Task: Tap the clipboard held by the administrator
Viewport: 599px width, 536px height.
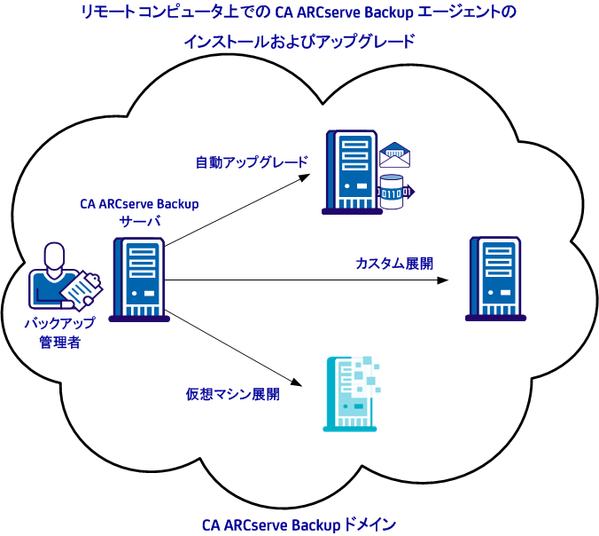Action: pyautogui.click(x=84, y=286)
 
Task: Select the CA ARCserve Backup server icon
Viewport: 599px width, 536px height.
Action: pyautogui.click(x=138, y=279)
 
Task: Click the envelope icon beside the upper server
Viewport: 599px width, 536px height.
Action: pyautogui.click(x=395, y=156)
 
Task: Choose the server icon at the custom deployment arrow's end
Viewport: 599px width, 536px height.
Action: pyautogui.click(x=493, y=278)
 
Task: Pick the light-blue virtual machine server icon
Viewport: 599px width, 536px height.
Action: pyautogui.click(x=348, y=393)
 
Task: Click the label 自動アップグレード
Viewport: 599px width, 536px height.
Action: pyautogui.click(x=252, y=163)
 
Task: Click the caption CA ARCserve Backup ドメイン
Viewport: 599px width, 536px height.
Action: pyautogui.click(x=299, y=524)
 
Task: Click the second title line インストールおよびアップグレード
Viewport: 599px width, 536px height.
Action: pyautogui.click(x=299, y=42)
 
